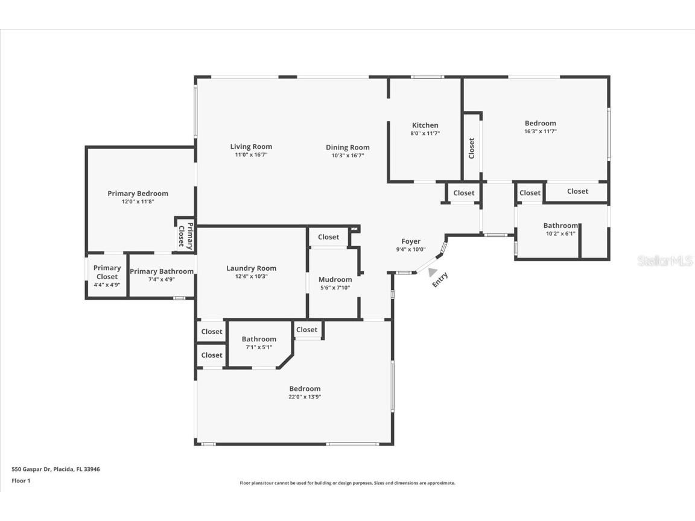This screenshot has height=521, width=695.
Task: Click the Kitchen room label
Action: coord(425,125)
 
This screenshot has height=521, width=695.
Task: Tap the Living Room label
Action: coord(251,147)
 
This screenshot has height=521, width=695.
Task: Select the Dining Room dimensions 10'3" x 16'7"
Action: coord(347,156)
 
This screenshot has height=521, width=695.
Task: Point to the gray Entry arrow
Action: coord(433,272)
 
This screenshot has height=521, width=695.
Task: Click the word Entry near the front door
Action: coord(440,280)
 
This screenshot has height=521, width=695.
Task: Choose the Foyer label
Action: coord(411,241)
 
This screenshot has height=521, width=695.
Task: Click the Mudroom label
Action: coord(335,279)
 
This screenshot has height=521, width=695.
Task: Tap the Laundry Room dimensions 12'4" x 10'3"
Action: coord(251,276)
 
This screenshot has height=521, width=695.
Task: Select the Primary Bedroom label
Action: coord(138,194)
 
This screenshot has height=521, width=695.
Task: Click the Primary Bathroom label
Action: coord(162,271)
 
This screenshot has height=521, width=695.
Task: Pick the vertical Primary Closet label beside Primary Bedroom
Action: coord(185,236)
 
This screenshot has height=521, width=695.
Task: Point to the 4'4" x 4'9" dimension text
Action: coord(107,285)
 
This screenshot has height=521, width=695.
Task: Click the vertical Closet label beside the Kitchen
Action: coord(472,148)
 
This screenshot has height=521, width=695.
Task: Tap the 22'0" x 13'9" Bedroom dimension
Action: coord(305,397)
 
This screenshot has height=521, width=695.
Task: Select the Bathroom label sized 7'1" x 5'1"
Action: coord(259,339)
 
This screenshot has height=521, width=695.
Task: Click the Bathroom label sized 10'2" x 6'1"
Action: coord(560,226)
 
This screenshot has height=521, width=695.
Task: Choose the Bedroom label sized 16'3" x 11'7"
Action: coord(540,123)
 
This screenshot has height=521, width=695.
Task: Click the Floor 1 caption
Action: coord(21,481)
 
